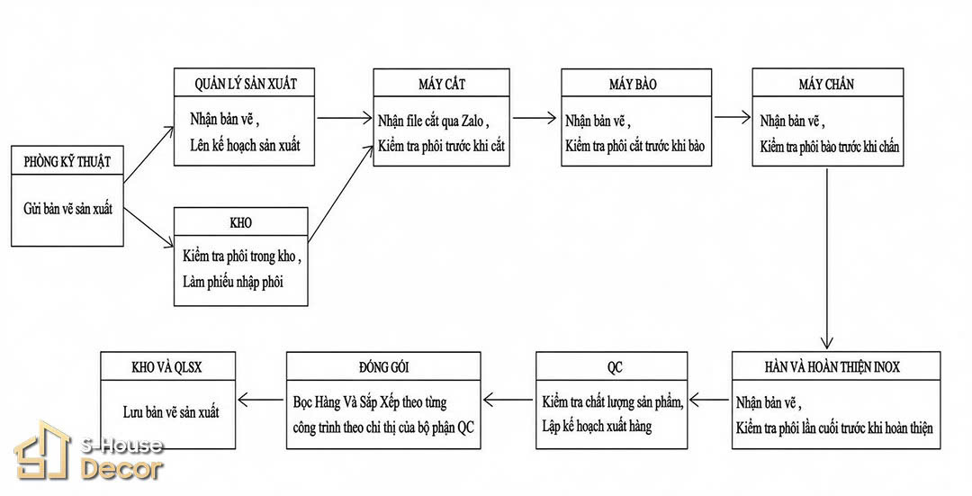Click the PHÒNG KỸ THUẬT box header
click(67, 162)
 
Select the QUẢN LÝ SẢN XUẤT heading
click(246, 84)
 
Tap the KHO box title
click(240, 222)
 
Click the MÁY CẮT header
click(441, 84)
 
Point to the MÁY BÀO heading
click(633, 84)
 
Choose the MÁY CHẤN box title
click(826, 84)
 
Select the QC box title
click(615, 367)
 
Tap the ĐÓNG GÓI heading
click(383, 367)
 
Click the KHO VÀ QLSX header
click(166, 367)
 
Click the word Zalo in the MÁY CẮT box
click(472, 122)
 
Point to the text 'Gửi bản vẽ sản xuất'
click(68, 209)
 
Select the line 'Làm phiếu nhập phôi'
click(233, 282)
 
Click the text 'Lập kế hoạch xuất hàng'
click(597, 426)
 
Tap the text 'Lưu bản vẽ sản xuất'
click(171, 411)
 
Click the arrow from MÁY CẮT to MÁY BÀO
click(535, 117)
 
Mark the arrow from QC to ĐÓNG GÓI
click(508, 400)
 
